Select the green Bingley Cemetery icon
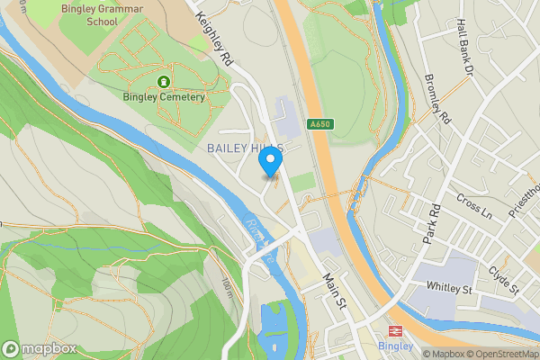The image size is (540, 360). click(164, 82)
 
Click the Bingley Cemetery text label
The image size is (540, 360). click(164, 96)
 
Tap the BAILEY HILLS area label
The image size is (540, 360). click(246, 148)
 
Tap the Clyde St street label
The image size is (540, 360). click(504, 278)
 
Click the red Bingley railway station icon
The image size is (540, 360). click(394, 331)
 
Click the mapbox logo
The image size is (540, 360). click(40, 348)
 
